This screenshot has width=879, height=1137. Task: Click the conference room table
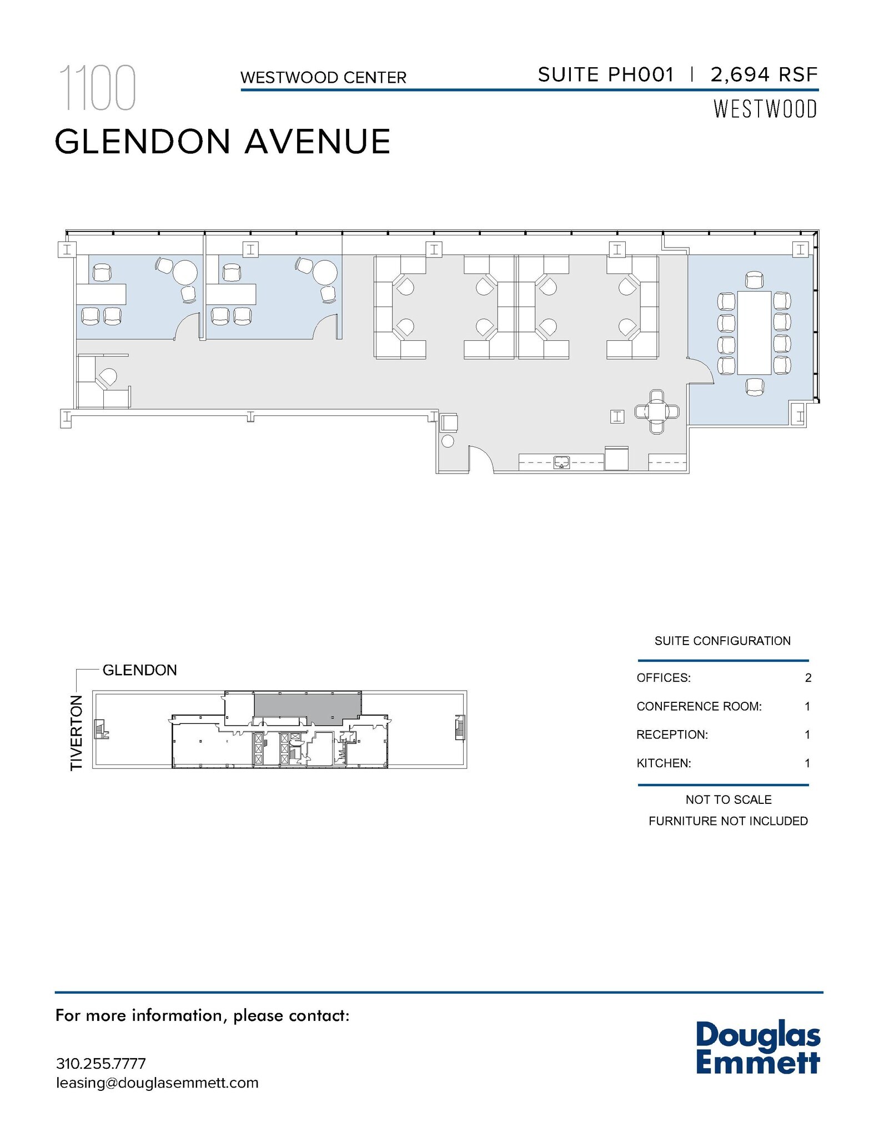pos(754,333)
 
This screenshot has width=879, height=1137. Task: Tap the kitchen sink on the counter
pos(562,462)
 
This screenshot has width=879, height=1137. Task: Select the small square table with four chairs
pos(657,412)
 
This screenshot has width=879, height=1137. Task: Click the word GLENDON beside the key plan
pos(139,670)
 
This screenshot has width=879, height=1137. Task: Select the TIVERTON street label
pos(77,733)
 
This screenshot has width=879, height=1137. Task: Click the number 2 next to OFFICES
pos(808,678)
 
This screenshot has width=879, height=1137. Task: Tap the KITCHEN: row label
pos(664,763)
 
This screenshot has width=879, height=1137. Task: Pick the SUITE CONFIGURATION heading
pos(722,641)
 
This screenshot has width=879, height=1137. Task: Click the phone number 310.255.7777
pos(101,1064)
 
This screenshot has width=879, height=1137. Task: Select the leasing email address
pos(157,1083)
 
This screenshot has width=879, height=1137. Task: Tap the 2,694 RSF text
pos(764,74)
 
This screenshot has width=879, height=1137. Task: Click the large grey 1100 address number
pos(98,88)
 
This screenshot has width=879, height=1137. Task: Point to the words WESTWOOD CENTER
pos(323,78)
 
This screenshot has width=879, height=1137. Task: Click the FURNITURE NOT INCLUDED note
pos(728,821)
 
